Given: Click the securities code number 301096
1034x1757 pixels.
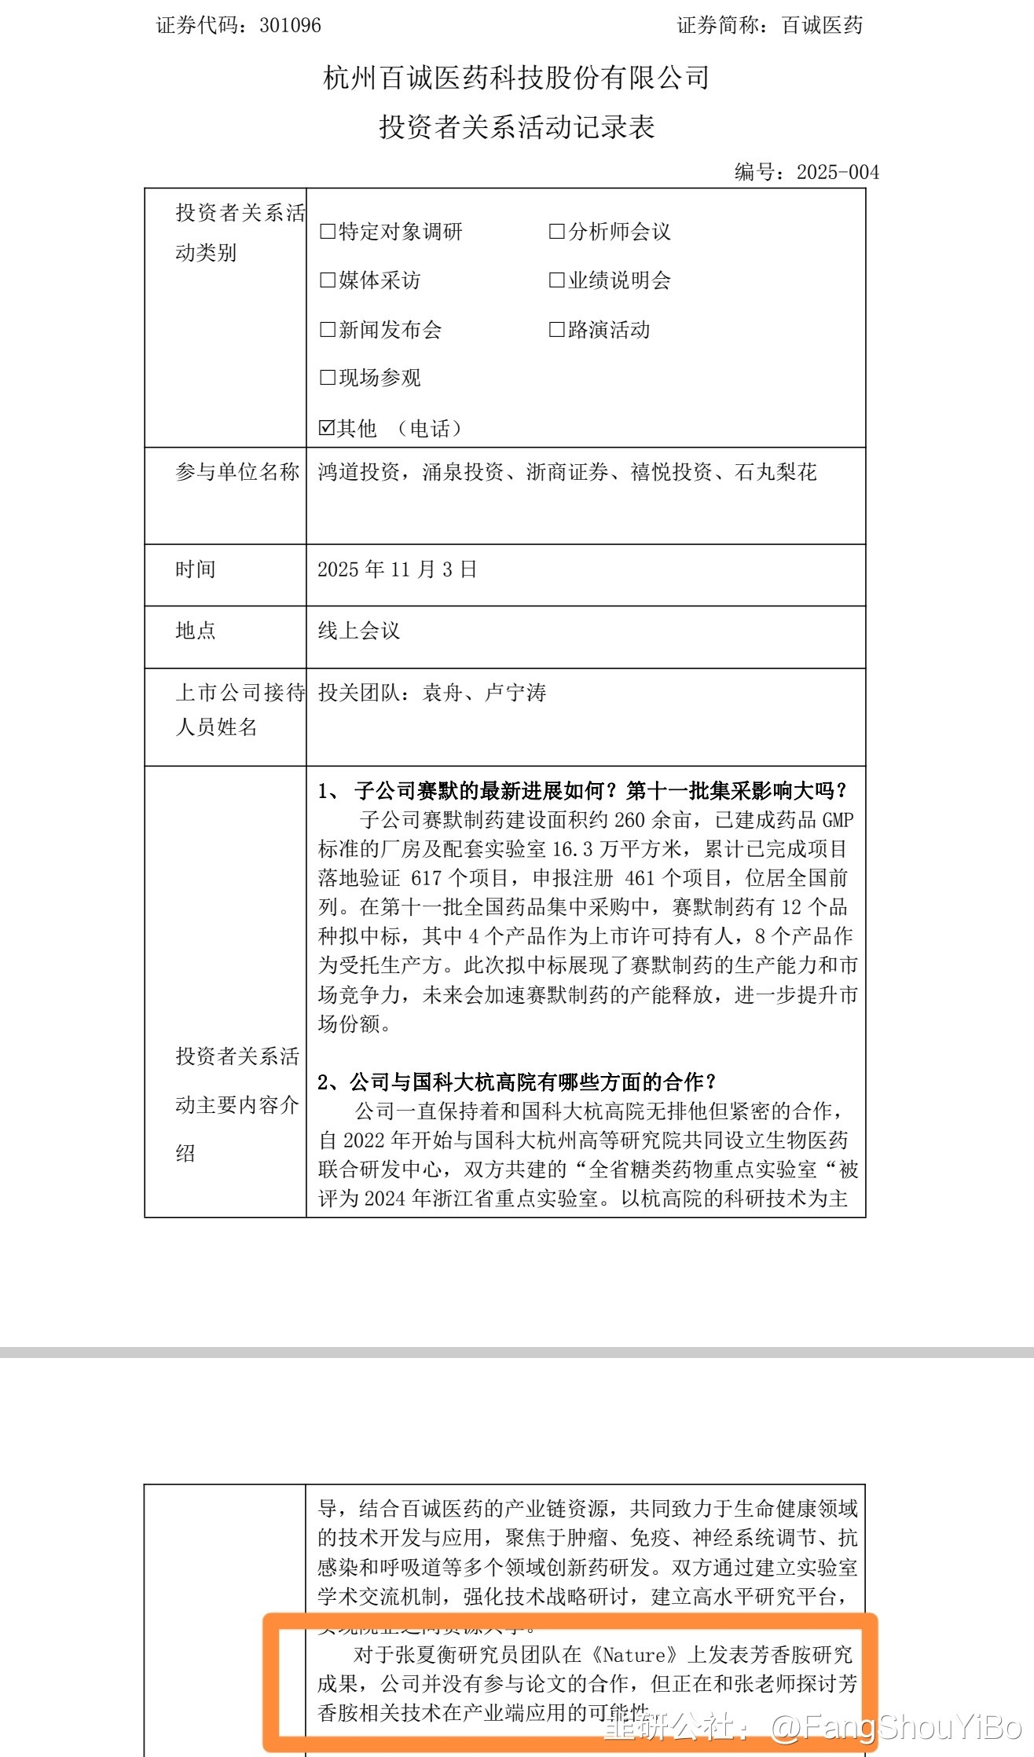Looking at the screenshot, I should click(290, 25).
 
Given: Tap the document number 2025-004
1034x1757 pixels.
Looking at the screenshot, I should click(838, 172).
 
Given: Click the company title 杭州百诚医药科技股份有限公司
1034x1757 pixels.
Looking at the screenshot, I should click(516, 77).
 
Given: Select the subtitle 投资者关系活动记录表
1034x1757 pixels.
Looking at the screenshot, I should click(516, 126).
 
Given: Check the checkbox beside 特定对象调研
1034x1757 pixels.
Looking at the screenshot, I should click(328, 232).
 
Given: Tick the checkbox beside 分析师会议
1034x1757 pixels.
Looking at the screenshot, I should click(556, 232).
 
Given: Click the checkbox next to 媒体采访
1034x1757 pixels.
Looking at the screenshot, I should click(328, 280).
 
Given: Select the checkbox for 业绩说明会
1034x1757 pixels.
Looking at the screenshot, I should click(556, 280).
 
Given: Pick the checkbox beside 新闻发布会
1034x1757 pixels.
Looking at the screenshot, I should click(328, 330).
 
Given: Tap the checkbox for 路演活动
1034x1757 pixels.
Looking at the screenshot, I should click(556, 330).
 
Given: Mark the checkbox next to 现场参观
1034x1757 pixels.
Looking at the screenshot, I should click(328, 378).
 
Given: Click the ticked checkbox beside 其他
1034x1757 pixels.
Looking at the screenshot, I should click(327, 428).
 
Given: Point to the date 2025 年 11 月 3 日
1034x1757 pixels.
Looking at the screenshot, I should click(397, 569).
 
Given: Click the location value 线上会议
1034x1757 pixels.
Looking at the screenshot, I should click(358, 631).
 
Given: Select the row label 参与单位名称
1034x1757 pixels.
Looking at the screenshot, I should click(237, 472).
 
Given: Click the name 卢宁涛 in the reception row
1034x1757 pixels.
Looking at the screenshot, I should click(515, 693).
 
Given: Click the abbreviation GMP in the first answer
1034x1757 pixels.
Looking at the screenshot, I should click(838, 820).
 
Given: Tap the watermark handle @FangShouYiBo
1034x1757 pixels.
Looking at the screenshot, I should click(896, 1728).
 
